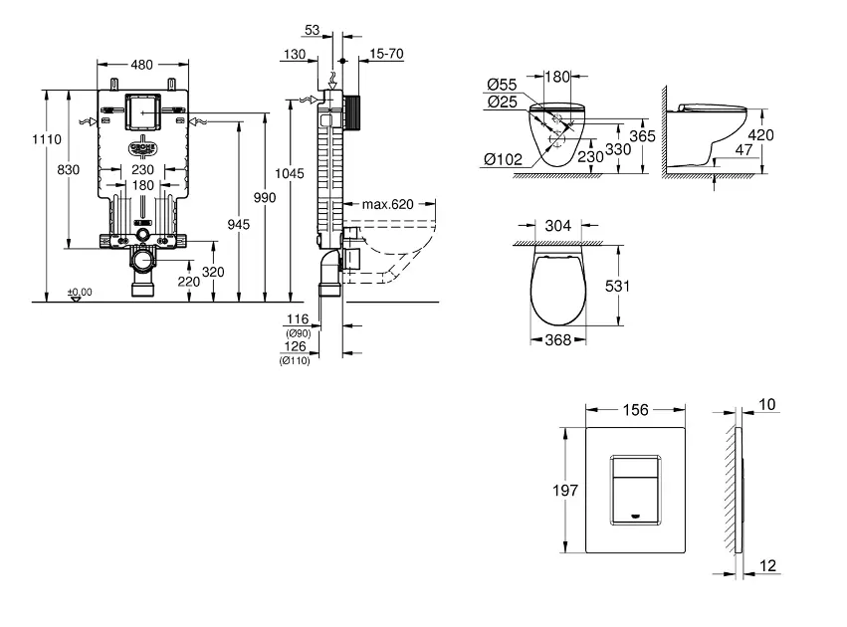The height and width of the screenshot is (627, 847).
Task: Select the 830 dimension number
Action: coord(68,170)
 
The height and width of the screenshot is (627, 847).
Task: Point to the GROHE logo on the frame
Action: coord(142,145)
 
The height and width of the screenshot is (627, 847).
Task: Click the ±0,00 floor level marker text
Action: coord(80,292)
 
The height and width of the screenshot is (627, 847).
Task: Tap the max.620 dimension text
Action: coord(387,205)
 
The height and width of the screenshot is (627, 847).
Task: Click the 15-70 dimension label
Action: coord(387,54)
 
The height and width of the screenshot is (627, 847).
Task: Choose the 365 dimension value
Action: coord(642,135)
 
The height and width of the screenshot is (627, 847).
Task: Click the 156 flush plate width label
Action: coord(635,410)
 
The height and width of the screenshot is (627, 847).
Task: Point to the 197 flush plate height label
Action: coord(566,490)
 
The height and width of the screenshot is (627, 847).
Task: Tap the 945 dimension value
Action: coord(240,225)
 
